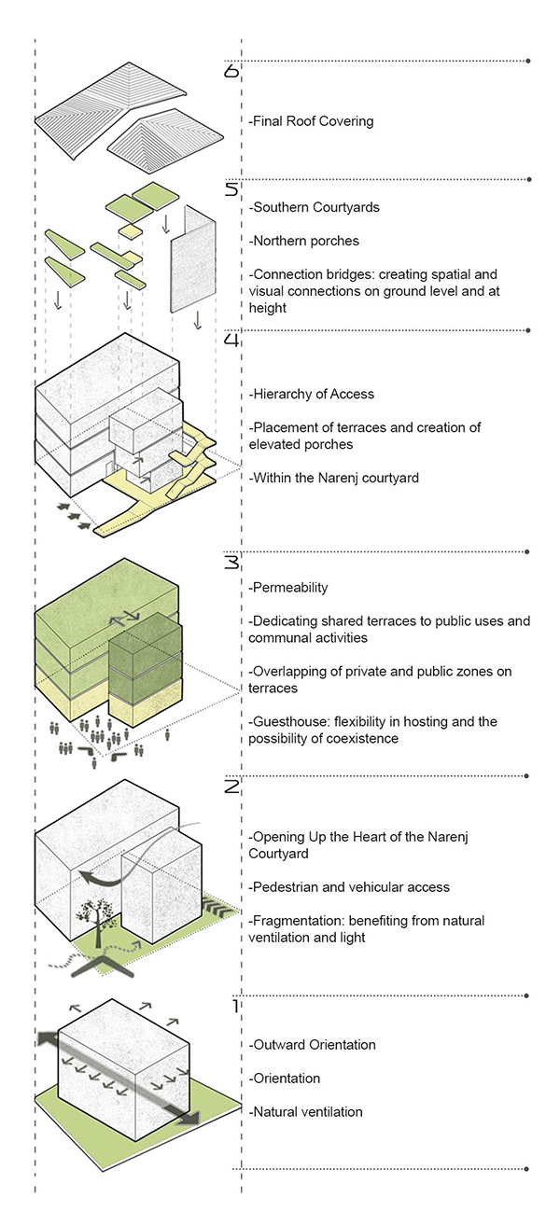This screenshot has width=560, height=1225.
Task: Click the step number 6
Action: (x=232, y=71)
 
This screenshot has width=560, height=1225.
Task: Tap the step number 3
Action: (x=232, y=563)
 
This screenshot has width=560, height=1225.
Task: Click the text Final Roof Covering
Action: (x=311, y=121)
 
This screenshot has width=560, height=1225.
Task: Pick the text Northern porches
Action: (x=304, y=241)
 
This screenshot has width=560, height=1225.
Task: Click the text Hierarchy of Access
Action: (x=311, y=394)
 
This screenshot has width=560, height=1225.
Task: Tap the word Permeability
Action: (x=288, y=588)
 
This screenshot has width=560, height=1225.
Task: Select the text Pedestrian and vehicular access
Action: (x=349, y=886)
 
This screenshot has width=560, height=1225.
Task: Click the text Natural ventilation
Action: (x=305, y=1112)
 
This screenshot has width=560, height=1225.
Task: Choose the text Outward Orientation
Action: (x=312, y=1045)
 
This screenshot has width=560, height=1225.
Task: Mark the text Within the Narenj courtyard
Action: (x=334, y=478)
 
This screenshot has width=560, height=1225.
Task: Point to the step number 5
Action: (x=232, y=190)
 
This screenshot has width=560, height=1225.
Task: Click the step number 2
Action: (x=232, y=787)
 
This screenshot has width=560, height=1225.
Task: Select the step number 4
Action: (x=232, y=341)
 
